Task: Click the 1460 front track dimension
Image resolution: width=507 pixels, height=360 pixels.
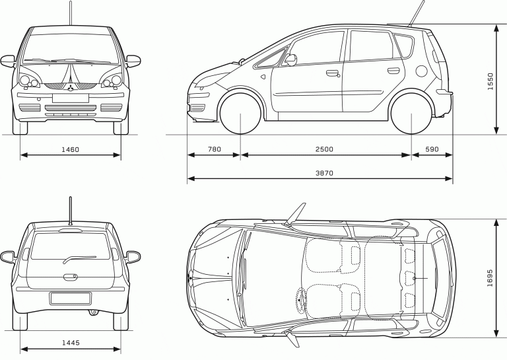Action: (x=70, y=149)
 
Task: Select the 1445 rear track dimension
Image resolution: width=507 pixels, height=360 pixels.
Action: (x=71, y=343)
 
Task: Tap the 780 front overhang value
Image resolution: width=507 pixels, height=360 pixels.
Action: (x=215, y=149)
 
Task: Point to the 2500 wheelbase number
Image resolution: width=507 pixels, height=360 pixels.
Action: (x=324, y=149)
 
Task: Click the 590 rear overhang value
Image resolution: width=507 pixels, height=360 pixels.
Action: (x=432, y=149)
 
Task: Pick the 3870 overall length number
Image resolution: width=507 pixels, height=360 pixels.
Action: (x=324, y=173)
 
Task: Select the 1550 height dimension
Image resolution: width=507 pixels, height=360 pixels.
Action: (x=490, y=81)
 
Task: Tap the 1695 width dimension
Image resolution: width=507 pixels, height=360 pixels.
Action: (x=490, y=278)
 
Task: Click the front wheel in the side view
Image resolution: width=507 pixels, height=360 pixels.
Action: (x=240, y=114)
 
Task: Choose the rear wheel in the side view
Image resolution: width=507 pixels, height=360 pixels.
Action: (x=411, y=114)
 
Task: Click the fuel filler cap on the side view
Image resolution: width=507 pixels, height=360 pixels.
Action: (x=421, y=71)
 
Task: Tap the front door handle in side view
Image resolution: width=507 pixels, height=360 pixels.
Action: (x=333, y=73)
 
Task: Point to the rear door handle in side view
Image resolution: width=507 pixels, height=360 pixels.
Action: (x=393, y=70)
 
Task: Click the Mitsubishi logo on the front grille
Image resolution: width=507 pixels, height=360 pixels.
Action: (x=70, y=88)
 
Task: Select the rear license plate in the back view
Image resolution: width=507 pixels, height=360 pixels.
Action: (x=71, y=298)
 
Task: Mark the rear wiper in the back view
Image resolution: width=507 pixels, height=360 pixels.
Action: (x=79, y=259)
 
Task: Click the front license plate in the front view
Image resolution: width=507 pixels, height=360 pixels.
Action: (x=71, y=98)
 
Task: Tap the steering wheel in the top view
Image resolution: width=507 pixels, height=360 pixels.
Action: (x=301, y=300)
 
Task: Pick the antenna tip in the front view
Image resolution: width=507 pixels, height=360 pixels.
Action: (x=70, y=1)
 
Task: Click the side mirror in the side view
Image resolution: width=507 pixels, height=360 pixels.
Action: (x=290, y=60)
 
